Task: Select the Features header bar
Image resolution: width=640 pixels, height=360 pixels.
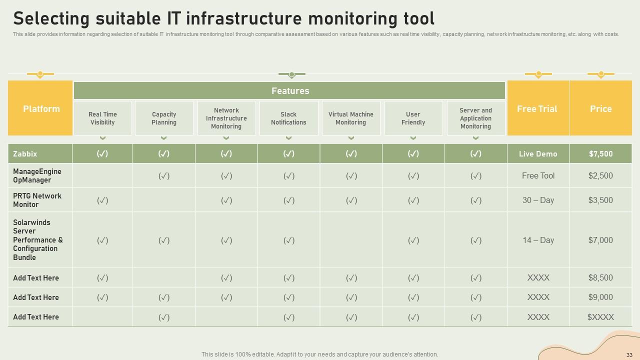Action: click(289, 90)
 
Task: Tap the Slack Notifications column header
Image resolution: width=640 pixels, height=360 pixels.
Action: click(288, 118)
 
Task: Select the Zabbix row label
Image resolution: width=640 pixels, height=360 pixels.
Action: click(25, 153)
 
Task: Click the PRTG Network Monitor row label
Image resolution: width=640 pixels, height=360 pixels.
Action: click(37, 200)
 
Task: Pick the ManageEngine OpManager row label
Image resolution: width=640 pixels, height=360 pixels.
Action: click(37, 175)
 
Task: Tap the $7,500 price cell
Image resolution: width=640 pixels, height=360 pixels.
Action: click(600, 153)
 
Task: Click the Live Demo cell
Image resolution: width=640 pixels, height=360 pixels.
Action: click(538, 153)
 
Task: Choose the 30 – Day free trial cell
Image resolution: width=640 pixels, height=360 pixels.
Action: click(538, 200)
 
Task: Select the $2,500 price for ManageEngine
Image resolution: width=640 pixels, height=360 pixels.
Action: click(600, 175)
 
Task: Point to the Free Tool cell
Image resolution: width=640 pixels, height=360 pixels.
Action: click(538, 175)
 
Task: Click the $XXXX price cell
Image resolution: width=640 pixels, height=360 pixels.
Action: click(600, 317)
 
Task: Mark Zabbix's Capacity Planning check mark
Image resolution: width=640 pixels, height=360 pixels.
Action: click(164, 153)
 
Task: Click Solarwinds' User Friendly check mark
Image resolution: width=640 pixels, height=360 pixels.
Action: click(413, 240)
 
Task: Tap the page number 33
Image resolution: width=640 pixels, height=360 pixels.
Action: click(629, 355)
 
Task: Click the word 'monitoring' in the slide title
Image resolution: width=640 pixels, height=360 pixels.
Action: click(353, 19)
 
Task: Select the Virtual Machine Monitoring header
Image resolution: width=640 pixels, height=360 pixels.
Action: click(351, 118)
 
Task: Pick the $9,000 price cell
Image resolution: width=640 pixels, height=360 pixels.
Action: click(600, 297)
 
